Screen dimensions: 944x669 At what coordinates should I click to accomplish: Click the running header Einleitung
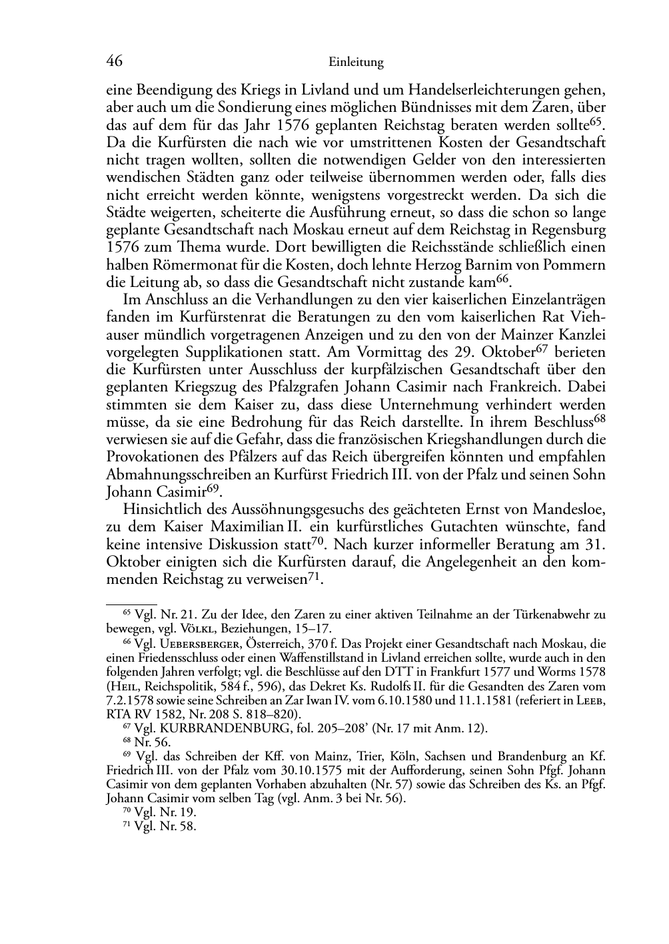[356, 63]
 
